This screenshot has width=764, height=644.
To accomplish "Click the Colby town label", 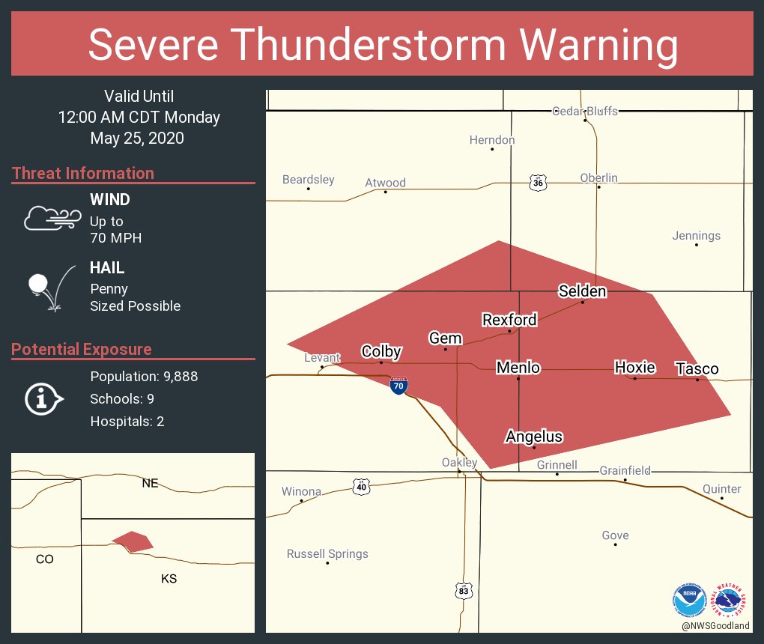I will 381,352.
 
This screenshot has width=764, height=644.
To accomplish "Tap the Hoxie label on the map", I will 634,367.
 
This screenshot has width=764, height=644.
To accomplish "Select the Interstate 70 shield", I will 398,386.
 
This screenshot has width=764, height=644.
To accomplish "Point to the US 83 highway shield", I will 464,591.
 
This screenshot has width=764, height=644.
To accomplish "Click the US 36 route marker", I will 536,183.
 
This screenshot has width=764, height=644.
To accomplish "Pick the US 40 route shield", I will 362,487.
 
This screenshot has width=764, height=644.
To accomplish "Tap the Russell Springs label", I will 327,554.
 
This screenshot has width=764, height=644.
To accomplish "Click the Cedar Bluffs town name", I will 585,111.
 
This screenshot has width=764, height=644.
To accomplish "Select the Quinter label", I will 721,489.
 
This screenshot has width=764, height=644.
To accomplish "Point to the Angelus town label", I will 533,437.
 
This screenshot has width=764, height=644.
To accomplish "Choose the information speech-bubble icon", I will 43,400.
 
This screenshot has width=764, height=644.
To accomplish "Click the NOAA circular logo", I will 689,600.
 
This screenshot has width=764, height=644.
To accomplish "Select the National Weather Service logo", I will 732,600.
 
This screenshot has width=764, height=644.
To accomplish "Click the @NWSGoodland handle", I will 715,626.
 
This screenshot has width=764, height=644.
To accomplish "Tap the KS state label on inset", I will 169,579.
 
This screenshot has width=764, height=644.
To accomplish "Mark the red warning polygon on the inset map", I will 133,541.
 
